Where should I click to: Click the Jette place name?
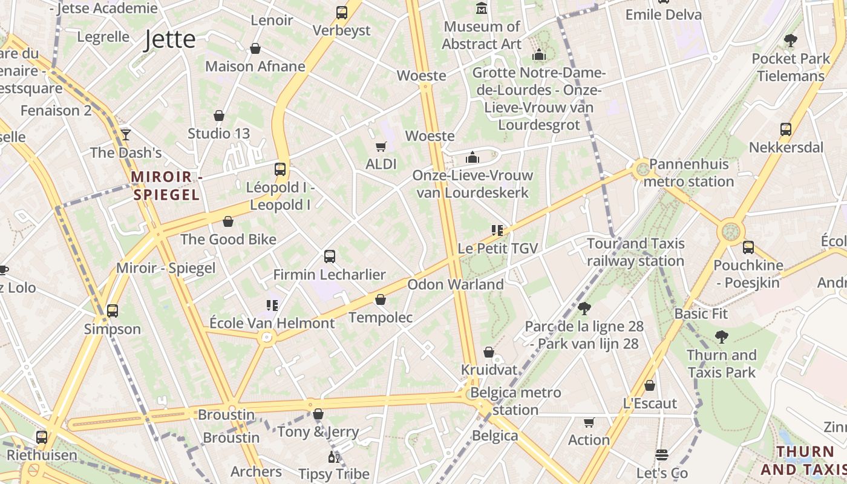point(170,40)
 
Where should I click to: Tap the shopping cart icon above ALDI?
point(381,146)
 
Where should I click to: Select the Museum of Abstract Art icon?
point(482,8)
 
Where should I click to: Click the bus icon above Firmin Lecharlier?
point(330,257)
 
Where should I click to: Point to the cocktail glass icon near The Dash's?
point(126,134)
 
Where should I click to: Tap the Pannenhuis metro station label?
point(688,172)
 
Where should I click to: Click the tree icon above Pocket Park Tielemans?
point(790,41)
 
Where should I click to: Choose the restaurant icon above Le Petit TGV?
point(497,230)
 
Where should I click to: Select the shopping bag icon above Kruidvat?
point(489,352)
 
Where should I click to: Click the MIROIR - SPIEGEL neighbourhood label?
point(166,186)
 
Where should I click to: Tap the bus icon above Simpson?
point(113,311)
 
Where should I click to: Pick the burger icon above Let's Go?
point(662,454)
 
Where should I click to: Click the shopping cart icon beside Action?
point(589,422)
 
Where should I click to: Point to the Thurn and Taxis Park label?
point(721,363)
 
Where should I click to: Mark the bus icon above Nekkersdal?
point(786,129)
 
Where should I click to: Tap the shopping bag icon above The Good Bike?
point(228,222)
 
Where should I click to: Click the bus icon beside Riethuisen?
point(42,437)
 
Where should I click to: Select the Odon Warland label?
point(456,284)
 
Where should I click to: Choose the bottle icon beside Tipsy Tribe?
point(333,456)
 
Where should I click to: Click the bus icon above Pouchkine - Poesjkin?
point(748,247)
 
